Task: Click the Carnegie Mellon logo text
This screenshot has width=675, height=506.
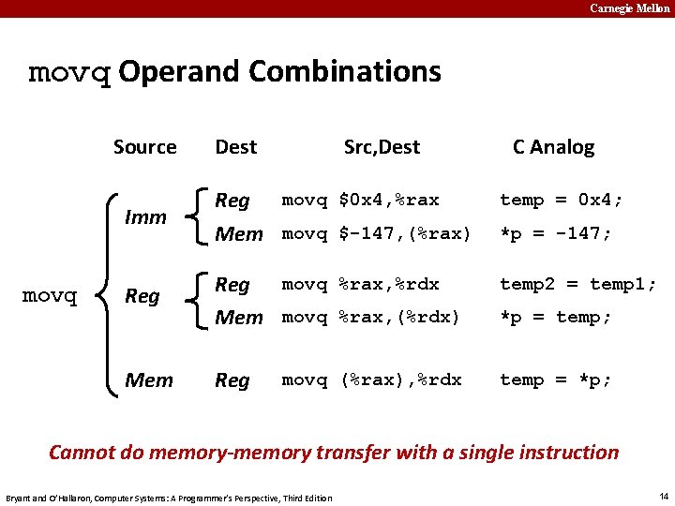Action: click(x=629, y=8)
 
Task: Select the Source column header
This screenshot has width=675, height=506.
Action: click(x=144, y=147)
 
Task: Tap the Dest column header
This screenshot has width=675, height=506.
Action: click(x=235, y=147)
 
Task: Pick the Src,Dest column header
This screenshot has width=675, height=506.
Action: click(x=382, y=147)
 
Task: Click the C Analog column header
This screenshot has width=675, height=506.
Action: click(x=553, y=147)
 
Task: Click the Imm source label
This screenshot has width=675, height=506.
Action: click(x=145, y=217)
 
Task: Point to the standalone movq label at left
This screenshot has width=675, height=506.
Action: click(x=49, y=296)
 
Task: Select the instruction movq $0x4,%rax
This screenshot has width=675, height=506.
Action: click(x=360, y=200)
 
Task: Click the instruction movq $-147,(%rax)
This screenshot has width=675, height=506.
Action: click(x=376, y=233)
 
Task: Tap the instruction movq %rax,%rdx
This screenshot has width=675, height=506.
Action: click(x=360, y=284)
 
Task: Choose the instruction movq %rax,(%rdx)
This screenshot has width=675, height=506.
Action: click(x=371, y=317)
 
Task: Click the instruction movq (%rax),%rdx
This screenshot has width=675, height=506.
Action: click(x=371, y=379)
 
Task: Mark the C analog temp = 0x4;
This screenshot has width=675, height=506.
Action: click(x=561, y=200)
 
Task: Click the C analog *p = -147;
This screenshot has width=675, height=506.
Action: click(x=555, y=233)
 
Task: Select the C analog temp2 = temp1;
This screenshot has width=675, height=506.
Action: click(x=577, y=284)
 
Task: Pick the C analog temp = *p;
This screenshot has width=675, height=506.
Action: click(x=555, y=379)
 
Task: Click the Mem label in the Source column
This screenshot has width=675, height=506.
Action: click(x=149, y=380)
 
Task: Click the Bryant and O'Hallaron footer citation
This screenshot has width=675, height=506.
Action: click(x=169, y=497)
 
